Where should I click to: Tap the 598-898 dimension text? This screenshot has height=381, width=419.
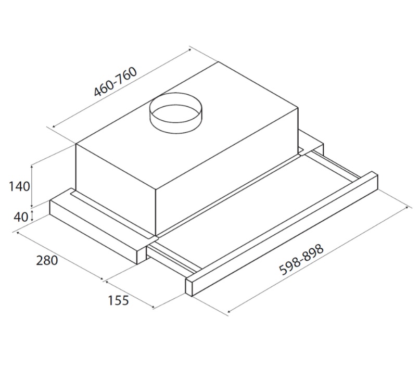[x=301, y=259]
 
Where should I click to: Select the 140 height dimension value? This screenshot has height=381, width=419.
[x=19, y=186]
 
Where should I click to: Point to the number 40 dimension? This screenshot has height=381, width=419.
[x=21, y=217]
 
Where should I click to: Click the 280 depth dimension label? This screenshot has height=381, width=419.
[x=47, y=260]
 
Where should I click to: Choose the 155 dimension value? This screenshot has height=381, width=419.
[x=118, y=300]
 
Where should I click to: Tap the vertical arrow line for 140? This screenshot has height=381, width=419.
[x=32, y=186]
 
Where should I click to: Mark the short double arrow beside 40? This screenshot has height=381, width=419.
[x=32, y=216]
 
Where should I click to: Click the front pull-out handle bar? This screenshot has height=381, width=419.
[x=282, y=234]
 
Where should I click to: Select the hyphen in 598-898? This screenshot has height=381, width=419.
[x=301, y=259]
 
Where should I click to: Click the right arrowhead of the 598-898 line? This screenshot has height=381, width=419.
[x=406, y=208]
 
